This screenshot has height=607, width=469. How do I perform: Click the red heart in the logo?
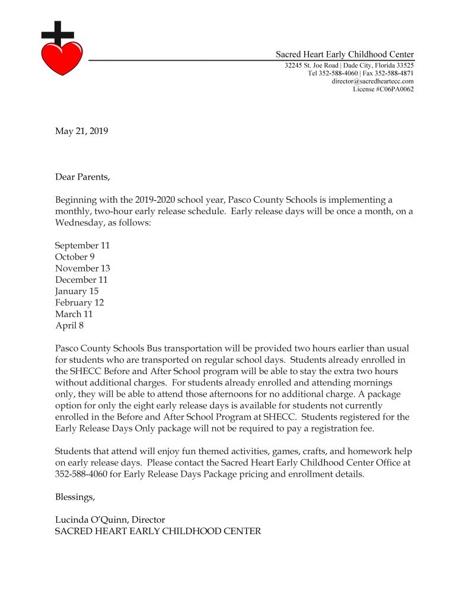tap(62, 57)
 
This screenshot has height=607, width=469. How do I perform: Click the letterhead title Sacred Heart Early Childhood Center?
tap(344, 55)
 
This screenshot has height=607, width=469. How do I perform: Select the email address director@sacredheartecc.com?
tap(372, 81)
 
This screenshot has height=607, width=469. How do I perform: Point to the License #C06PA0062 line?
tap(383, 90)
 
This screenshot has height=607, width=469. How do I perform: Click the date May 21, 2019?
tap(82, 132)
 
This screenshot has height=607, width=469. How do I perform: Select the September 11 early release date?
tap(82, 245)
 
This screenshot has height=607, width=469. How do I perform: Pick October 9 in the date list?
tap(75, 257)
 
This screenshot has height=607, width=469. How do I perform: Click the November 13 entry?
tap(82, 269)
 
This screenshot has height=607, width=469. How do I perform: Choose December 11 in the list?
tap(81, 280)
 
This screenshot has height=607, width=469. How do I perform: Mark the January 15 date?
tap(76, 291)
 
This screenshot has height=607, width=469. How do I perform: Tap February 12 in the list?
tap(79, 303)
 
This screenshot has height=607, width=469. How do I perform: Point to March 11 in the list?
tap(74, 314)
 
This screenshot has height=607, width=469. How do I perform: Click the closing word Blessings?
tap(75, 497)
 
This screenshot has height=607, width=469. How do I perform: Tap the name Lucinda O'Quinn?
tap(91, 520)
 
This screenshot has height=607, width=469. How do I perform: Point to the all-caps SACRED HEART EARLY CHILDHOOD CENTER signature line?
tap(158, 531)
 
